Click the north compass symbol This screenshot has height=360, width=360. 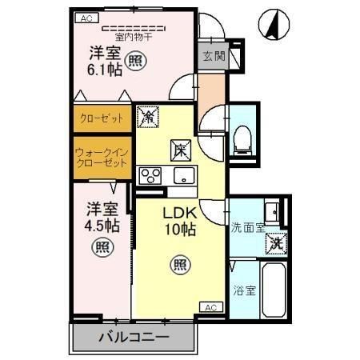274,25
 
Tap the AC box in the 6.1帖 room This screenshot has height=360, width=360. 87,18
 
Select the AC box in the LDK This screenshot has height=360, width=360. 211,307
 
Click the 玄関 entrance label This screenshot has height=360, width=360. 214,56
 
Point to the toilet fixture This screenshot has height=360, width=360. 242,141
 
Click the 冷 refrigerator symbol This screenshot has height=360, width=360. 148,117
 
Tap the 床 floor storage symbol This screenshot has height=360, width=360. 181,150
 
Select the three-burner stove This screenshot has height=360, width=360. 150,175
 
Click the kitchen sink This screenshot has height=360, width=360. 184,175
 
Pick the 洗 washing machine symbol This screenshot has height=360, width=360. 276,244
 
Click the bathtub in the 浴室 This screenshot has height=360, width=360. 274,290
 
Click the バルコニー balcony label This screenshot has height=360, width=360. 134,337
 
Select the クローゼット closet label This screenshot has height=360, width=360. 102,118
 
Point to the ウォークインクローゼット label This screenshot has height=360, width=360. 102,158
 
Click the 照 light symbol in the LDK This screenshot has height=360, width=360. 181,265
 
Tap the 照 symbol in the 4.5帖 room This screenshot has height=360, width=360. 102,247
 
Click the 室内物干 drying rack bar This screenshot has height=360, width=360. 134,28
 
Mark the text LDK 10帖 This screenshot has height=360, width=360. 180,222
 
